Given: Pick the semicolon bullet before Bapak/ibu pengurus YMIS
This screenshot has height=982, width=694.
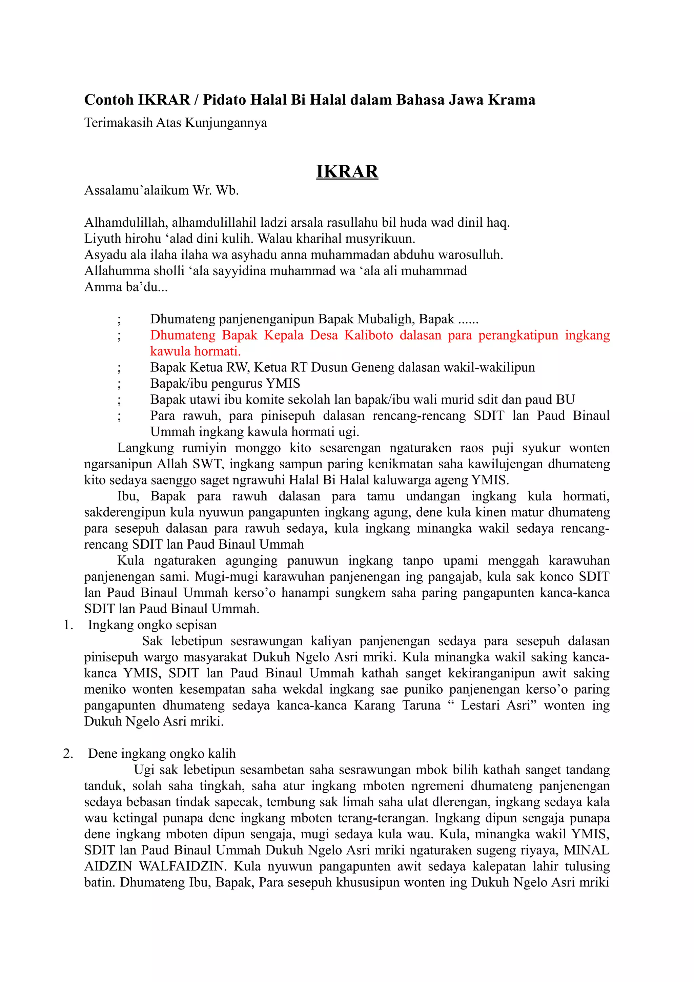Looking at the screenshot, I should click(x=119, y=384).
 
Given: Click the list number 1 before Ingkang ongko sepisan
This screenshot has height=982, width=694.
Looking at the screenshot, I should click(x=67, y=625).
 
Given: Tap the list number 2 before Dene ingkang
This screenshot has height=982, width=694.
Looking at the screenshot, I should click(x=67, y=754).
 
